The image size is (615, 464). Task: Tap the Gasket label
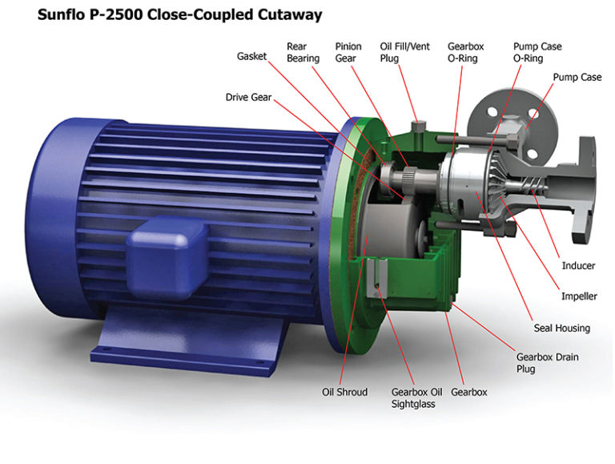(253, 57)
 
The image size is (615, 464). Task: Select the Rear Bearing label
(303, 52)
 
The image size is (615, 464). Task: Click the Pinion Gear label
(349, 52)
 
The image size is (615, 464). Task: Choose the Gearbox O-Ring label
(466, 52)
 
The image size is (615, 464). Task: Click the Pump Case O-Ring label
(537, 52)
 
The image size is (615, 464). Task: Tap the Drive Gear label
(248, 98)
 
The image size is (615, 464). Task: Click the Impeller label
(579, 297)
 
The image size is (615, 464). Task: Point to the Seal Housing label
(561, 328)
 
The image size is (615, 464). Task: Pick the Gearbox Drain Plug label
(547, 363)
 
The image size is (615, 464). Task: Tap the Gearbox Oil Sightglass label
(416, 397)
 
